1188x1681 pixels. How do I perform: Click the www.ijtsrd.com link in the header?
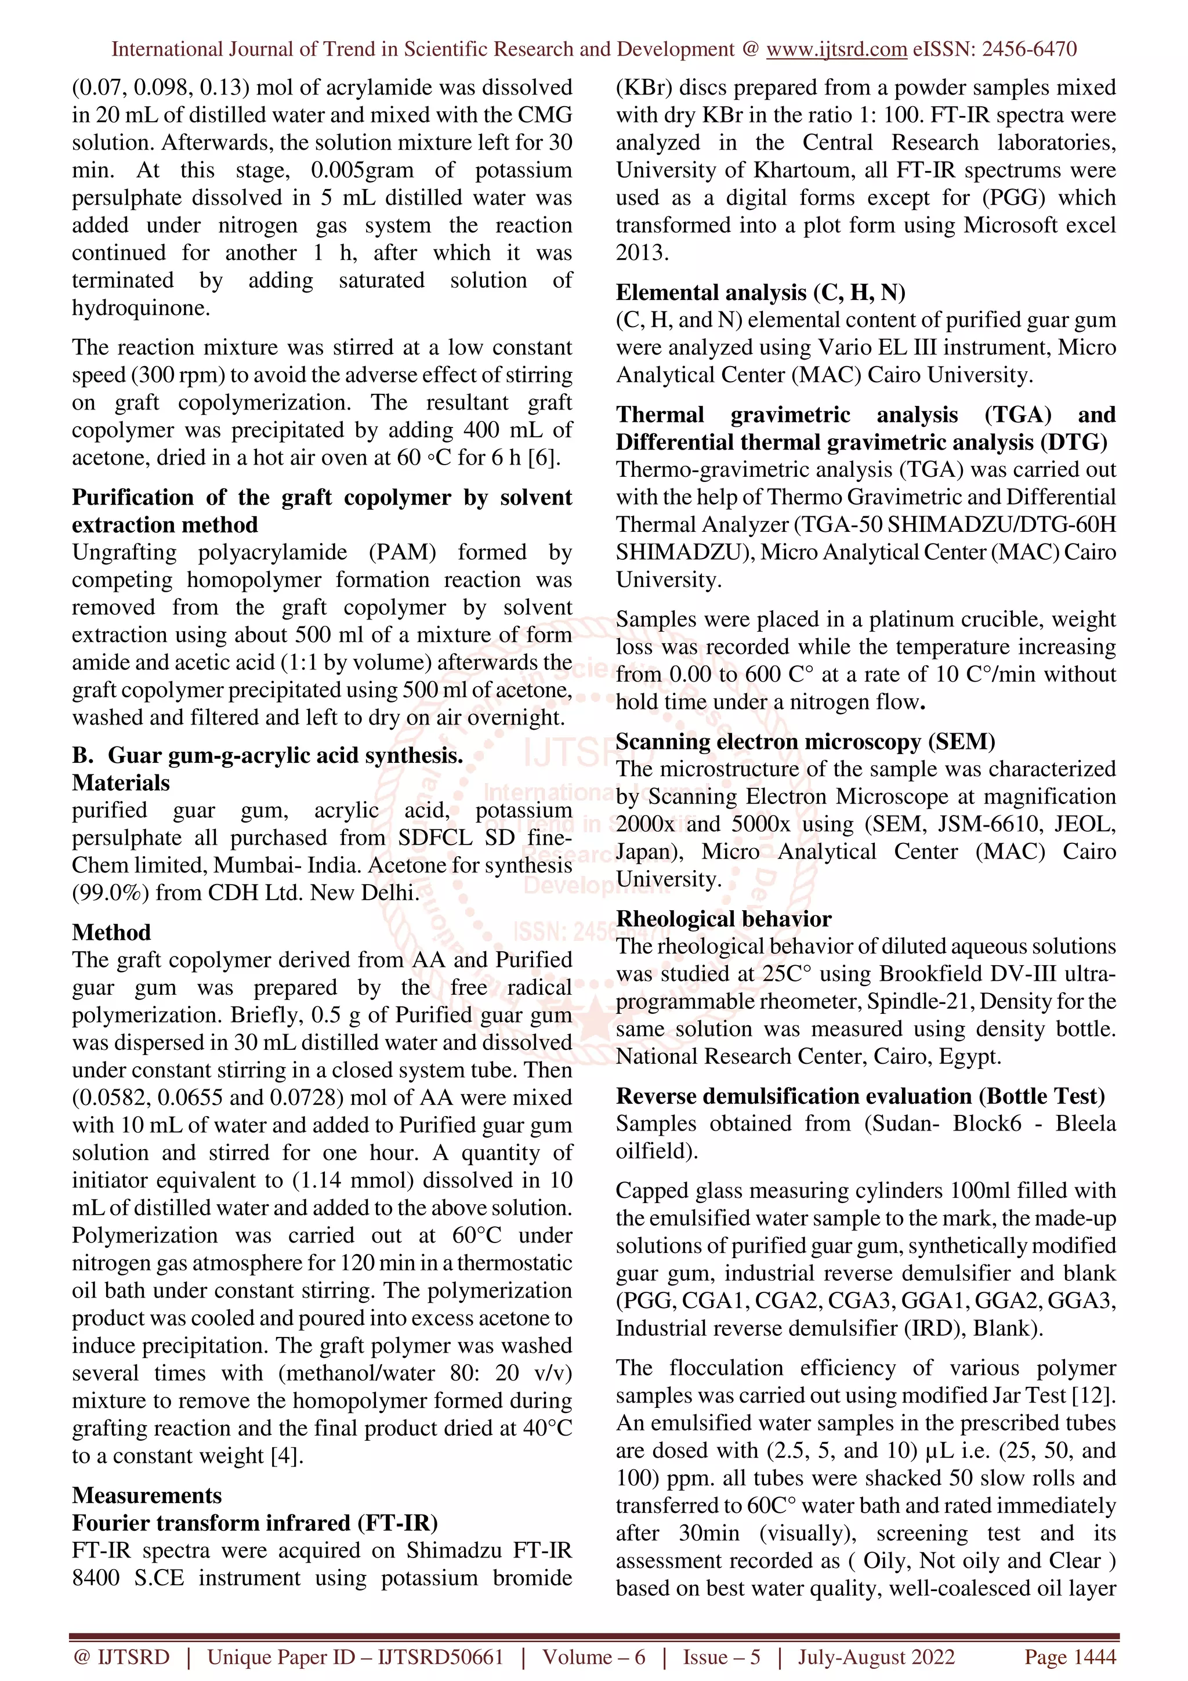pos(836,49)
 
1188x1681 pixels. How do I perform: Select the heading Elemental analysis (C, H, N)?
pos(760,292)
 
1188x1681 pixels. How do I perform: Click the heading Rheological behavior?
pos(723,918)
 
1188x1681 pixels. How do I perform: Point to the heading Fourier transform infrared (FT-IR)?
pos(255,1522)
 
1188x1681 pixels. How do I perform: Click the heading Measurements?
pos(146,1494)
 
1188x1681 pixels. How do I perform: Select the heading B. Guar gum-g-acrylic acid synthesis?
pos(268,755)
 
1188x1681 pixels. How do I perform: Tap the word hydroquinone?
pos(140,307)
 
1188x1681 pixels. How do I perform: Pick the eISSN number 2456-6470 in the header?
pos(1029,49)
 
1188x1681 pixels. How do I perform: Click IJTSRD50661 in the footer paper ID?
pos(441,1657)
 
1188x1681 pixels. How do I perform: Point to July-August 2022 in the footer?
pos(876,1657)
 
